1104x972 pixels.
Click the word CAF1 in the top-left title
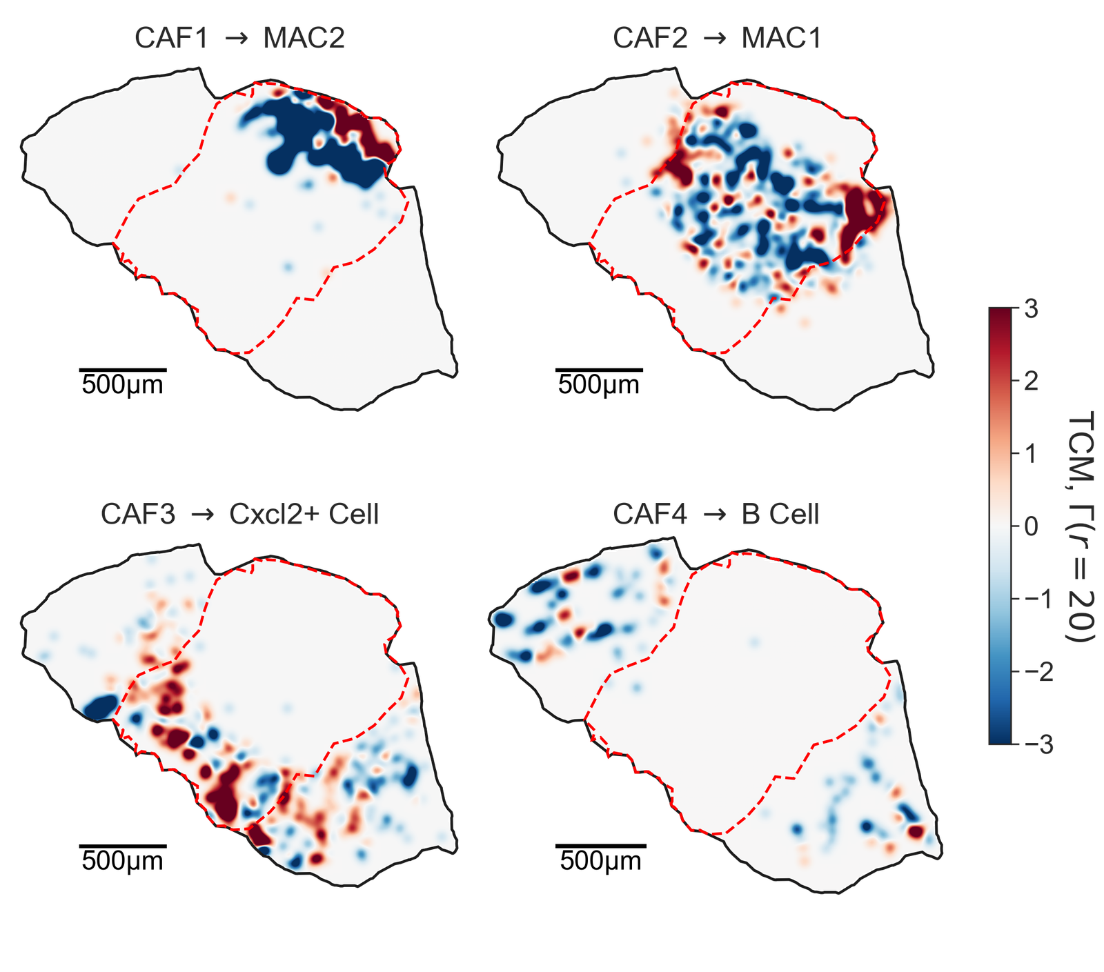click(171, 38)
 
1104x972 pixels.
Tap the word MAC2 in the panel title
click(304, 38)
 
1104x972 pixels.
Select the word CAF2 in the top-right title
click(650, 38)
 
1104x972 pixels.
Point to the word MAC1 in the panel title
click(781, 38)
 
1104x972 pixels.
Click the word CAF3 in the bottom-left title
click(137, 515)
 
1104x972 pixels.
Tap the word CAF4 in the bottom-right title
click(650, 515)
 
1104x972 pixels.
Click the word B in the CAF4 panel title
click(751, 515)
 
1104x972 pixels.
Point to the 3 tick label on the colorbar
click(1031, 309)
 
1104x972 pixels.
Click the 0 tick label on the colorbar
click(1031, 526)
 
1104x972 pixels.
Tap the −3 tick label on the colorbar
click(1039, 744)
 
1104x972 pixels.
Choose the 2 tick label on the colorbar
click(1031, 381)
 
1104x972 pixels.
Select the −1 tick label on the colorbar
click(1039, 599)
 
